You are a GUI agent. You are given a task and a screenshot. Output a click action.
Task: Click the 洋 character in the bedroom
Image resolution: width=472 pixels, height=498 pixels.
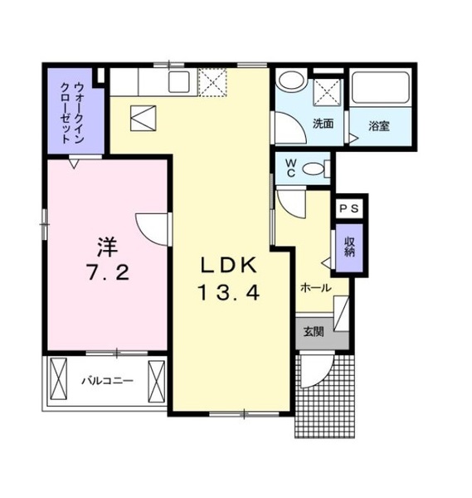click(x=105, y=247)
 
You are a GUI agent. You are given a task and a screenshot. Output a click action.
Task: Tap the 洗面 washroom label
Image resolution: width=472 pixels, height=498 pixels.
click(x=323, y=124)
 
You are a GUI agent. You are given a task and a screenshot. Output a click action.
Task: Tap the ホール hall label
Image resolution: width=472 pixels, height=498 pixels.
click(x=316, y=287)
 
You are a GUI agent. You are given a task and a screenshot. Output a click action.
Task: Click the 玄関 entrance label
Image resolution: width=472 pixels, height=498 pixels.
click(x=313, y=332)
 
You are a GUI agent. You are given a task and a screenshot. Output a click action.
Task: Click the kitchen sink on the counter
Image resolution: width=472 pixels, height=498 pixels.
click(x=178, y=82)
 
